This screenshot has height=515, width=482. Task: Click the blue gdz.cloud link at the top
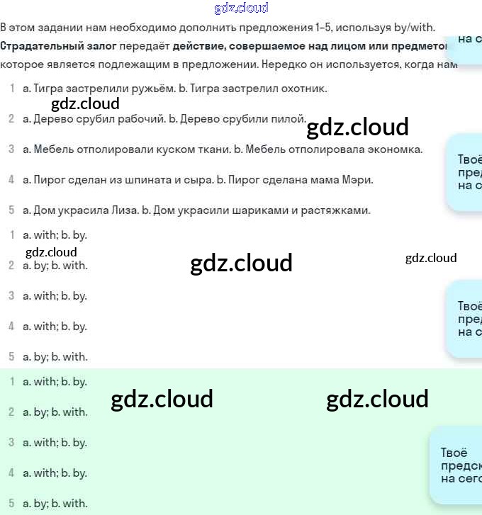pyautogui.click(x=241, y=9)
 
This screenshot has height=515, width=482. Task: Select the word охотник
pyautogui.click(x=306, y=89)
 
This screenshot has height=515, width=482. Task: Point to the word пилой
pyautogui.click(x=291, y=118)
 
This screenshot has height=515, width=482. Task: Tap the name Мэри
pyautogui.click(x=359, y=179)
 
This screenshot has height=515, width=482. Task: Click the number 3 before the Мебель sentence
pyautogui.click(x=11, y=149)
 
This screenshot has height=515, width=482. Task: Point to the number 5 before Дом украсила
pyautogui.click(x=11, y=210)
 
